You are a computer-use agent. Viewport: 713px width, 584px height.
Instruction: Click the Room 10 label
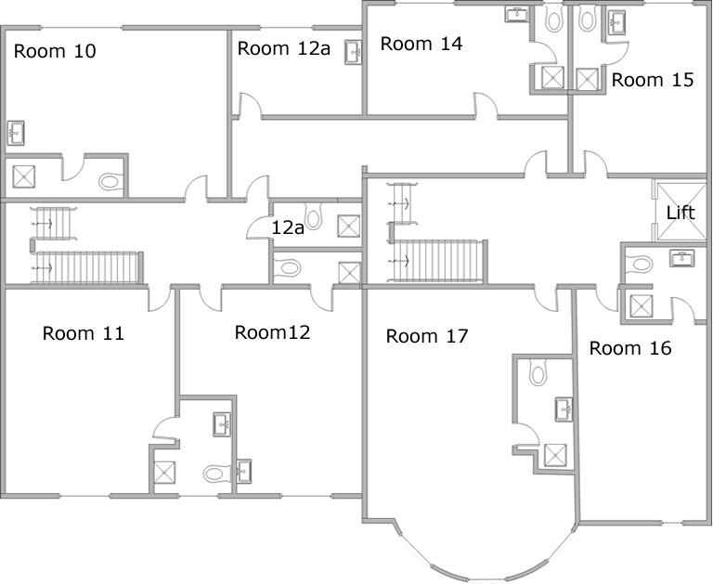click(55, 51)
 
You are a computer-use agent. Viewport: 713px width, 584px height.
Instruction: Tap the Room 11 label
click(84, 333)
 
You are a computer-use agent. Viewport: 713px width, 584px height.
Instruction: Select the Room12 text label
click(272, 331)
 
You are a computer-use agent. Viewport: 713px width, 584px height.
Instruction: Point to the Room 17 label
click(427, 336)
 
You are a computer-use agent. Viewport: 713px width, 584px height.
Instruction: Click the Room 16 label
click(630, 348)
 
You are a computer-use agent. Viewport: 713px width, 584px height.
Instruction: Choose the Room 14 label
click(421, 43)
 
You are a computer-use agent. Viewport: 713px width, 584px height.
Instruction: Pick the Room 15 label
click(653, 80)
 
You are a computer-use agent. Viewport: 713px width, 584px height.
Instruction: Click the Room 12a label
click(284, 48)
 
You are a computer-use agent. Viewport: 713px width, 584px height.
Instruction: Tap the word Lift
click(681, 213)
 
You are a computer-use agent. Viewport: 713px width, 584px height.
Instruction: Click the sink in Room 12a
click(354, 52)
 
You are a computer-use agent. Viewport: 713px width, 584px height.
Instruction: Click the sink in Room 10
click(16, 133)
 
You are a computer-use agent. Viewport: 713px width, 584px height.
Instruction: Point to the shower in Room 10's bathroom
click(22, 174)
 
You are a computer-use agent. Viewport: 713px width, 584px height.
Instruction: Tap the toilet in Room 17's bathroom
click(537, 374)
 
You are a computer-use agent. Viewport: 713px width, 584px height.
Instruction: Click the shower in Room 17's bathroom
click(554, 454)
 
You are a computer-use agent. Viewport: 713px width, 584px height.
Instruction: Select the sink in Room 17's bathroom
click(563, 409)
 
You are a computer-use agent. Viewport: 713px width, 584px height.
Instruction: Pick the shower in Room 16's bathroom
click(641, 305)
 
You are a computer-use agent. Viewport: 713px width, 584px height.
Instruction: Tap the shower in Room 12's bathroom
click(164, 473)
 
